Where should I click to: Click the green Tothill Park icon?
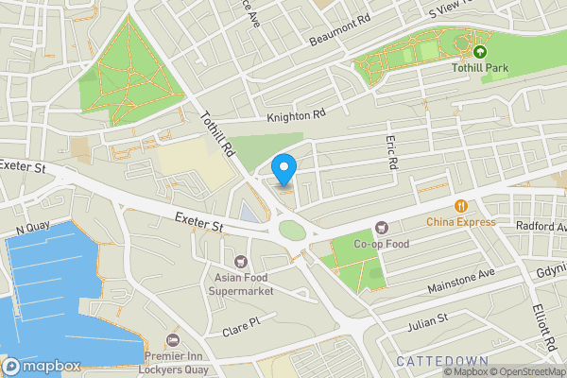(x=480, y=52)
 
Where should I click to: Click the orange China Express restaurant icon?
(x=460, y=206)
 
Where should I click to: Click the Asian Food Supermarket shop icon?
(x=240, y=261)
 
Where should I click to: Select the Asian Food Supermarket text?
(x=240, y=283)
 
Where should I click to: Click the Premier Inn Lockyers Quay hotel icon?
(x=171, y=340)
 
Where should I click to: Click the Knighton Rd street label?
(x=296, y=115)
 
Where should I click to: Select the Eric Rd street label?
(x=392, y=152)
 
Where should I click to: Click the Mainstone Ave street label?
(x=460, y=275)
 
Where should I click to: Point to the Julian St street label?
(x=426, y=324)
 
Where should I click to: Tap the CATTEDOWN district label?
(x=441, y=362)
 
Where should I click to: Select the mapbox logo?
(x=42, y=366)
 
